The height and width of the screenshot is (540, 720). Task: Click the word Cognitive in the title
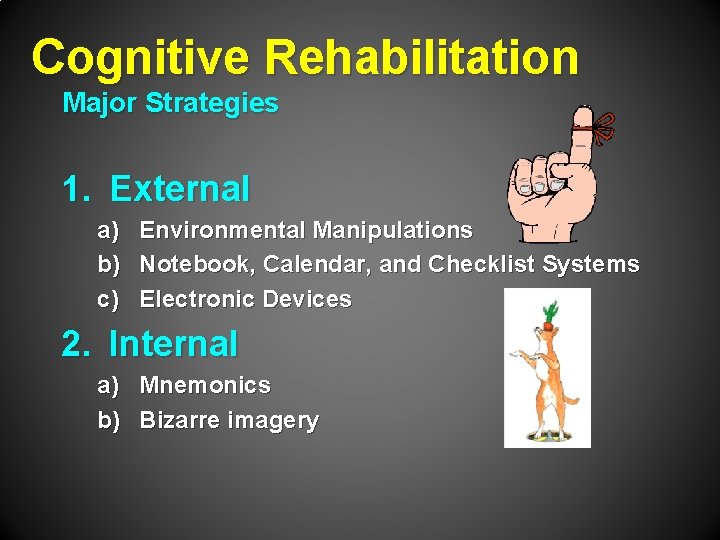141,57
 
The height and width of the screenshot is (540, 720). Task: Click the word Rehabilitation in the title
421,57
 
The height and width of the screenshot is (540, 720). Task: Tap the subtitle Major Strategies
170,103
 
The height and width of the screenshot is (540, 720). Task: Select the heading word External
180,188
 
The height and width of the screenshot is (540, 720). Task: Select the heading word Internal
173,344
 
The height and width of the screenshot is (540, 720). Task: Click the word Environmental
223,230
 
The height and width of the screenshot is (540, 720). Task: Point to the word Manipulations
392,230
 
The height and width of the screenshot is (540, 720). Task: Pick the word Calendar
317,265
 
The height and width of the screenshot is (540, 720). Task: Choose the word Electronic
198,299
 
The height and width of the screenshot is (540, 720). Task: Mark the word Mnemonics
205,385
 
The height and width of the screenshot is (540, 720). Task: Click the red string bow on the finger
601,126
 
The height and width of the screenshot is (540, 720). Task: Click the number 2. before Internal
76,344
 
